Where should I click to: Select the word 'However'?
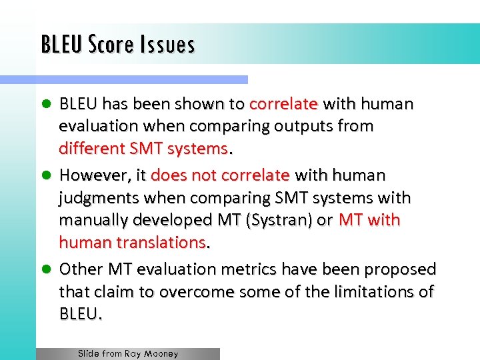coord(91,175)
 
